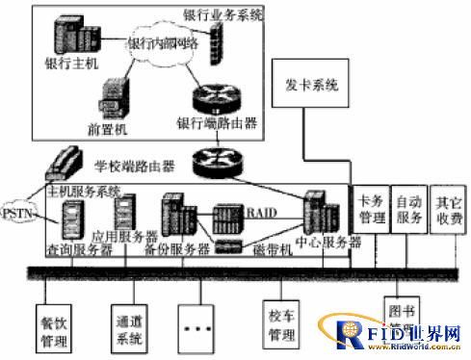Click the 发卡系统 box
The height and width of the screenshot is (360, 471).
312,88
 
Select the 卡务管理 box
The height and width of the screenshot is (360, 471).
371,211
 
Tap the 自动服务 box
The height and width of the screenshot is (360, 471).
408,211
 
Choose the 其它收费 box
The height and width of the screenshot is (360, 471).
447,211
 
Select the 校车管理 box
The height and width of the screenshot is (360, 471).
282,327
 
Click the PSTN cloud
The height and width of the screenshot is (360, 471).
18,212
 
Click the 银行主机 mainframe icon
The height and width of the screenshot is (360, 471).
73,39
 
